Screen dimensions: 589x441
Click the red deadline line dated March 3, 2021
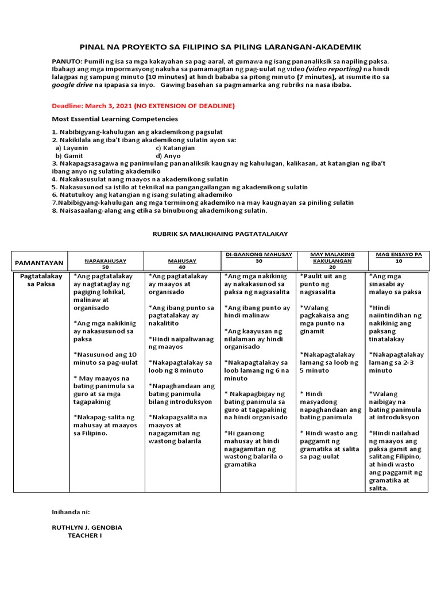(x=135, y=106)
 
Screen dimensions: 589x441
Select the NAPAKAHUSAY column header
(x=105, y=261)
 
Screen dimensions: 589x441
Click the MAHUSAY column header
(x=182, y=261)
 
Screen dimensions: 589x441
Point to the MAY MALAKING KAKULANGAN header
(x=332, y=257)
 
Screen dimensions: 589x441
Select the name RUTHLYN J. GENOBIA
(x=87, y=527)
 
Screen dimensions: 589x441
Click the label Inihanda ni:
(x=71, y=510)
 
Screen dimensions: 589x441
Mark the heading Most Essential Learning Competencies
(x=115, y=119)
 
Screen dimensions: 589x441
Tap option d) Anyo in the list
(x=168, y=156)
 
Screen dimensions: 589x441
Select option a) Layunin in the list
(x=72, y=148)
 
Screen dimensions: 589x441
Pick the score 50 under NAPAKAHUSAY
(x=105, y=267)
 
